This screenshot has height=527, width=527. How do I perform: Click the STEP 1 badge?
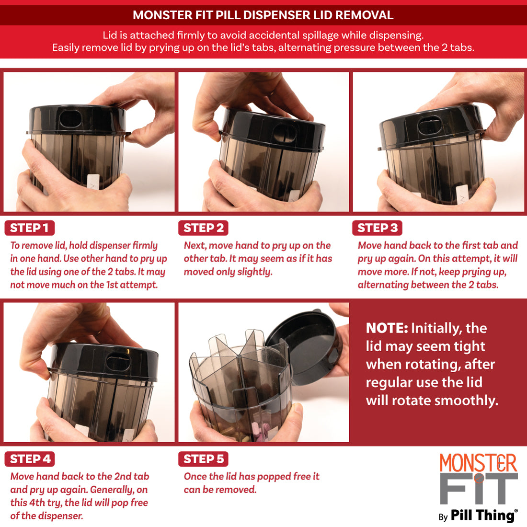30,228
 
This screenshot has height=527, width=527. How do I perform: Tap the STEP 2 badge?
203,228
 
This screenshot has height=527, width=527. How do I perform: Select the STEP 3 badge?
377,228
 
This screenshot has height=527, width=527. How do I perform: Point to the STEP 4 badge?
30,459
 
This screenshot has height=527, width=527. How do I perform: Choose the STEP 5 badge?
203,459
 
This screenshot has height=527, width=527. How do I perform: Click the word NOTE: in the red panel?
387,328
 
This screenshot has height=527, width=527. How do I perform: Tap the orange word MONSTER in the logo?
478,463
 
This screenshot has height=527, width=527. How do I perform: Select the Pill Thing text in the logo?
482,515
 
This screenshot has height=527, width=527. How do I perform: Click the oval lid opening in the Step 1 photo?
70,118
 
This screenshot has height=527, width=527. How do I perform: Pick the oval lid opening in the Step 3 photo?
429,125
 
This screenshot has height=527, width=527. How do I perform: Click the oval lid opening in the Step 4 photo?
118,362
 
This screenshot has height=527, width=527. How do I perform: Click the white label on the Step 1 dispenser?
93,182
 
